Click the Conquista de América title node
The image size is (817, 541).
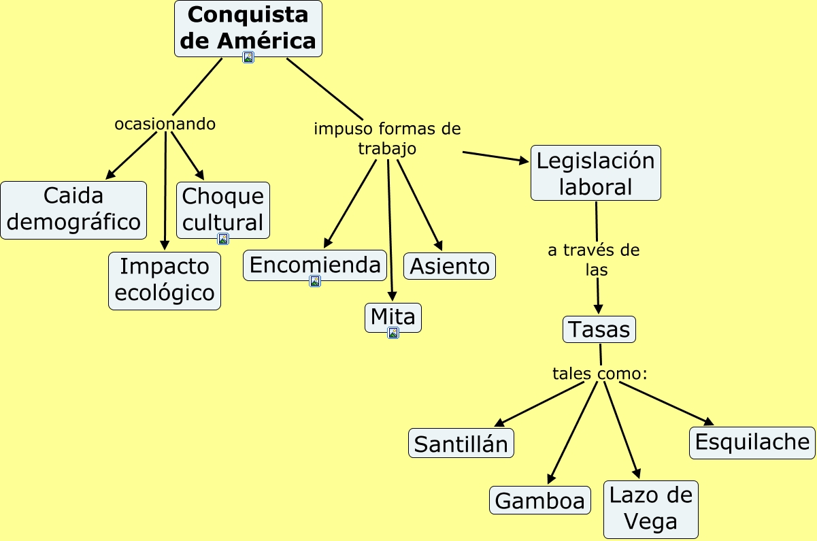248,28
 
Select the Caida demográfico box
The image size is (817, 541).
73,210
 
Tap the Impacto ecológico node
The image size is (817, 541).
165,280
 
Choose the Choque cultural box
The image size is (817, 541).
223,208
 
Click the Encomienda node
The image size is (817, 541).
315,265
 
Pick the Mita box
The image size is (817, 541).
393,316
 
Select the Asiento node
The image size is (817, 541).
450,266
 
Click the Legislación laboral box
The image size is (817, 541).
595,173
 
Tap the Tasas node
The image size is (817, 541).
599,329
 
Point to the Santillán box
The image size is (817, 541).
461,444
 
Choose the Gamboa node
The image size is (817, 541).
540,501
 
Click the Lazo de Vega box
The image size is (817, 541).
650,509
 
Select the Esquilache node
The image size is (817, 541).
752,442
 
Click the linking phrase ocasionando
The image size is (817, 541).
165,124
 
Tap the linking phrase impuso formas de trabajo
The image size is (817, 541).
387,138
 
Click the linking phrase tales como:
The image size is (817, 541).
599,373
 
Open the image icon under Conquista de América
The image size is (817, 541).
248,58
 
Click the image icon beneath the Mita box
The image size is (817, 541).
393,333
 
